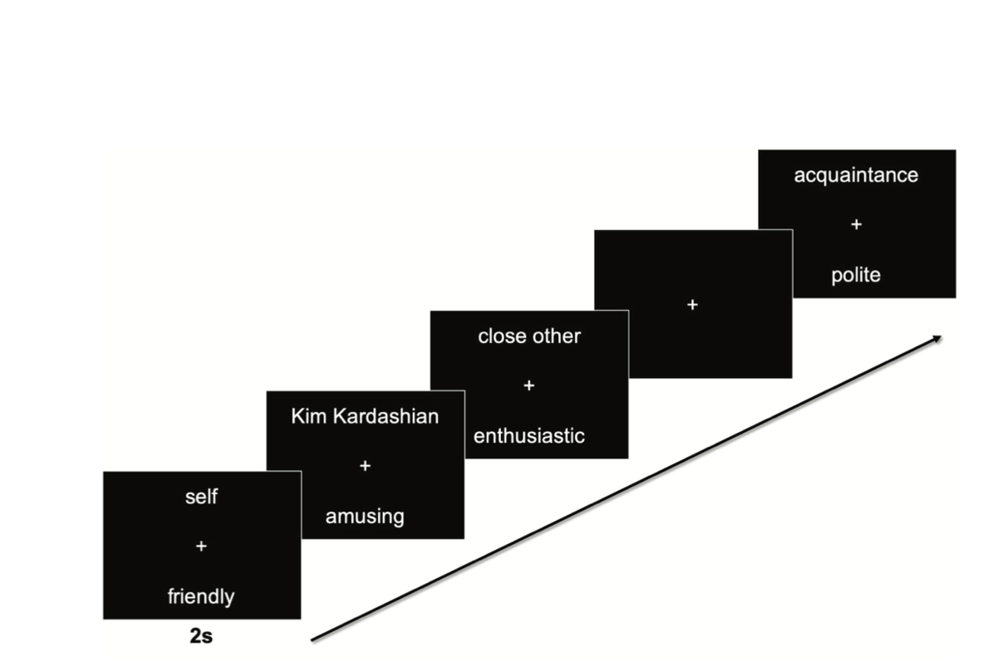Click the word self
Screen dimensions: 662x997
coord(201,498)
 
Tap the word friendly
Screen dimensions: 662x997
coord(201,596)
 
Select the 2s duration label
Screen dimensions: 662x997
coord(200,637)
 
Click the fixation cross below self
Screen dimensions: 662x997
coord(201,547)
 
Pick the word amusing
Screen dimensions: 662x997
coord(365,517)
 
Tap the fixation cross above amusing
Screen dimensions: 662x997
coord(365,467)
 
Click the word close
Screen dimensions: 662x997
coord(501,336)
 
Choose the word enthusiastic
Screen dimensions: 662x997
coord(529,436)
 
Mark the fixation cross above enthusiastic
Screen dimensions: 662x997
coord(529,386)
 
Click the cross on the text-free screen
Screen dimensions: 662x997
coord(693,306)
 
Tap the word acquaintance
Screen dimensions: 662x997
coord(856,175)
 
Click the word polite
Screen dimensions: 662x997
coord(856,276)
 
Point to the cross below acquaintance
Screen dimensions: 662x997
coord(856,225)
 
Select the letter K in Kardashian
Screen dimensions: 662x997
coord(337,416)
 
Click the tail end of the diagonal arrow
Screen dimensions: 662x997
coord(313,640)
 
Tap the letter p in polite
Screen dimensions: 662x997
coord(836,277)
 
